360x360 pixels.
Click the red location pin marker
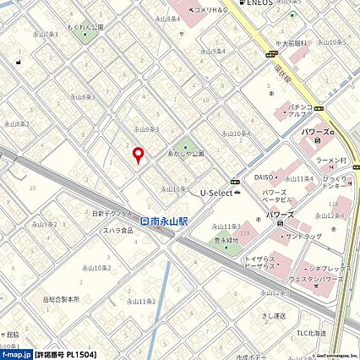139,154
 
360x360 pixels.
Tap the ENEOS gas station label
259,3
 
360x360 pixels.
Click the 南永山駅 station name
170,221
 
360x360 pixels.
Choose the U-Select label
215,193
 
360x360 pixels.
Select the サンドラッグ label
304,237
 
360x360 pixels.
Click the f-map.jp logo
16,354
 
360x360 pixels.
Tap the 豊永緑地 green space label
226,239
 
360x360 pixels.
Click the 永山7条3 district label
45,35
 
